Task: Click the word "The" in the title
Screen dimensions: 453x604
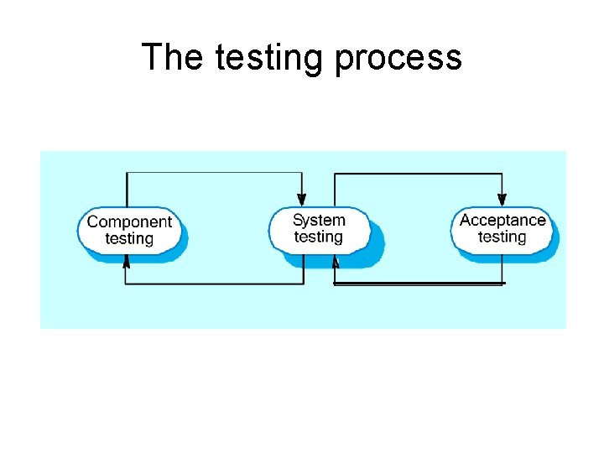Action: pos(172,57)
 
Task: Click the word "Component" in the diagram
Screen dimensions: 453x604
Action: pos(129,221)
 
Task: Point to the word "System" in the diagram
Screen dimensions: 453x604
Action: pos(319,220)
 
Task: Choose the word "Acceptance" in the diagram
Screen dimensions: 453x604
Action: pos(502,220)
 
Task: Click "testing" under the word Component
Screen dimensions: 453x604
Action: pos(129,238)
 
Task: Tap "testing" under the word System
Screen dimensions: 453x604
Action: pos(319,237)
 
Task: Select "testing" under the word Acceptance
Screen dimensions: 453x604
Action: pos(502,237)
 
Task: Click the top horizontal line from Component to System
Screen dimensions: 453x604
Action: pos(214,173)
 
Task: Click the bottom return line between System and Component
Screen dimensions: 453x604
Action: pos(214,284)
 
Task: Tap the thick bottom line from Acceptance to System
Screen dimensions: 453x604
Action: pos(419,284)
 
